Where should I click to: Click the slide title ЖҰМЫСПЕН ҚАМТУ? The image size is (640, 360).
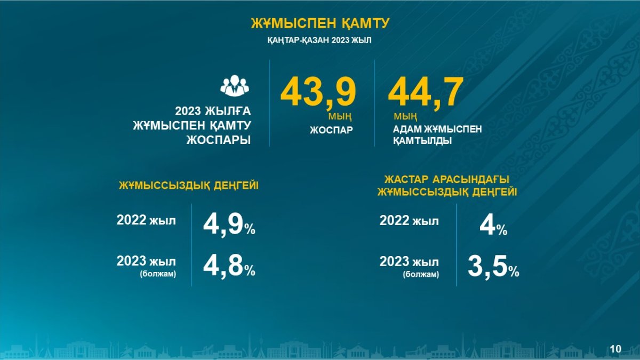pyautogui.click(x=320, y=23)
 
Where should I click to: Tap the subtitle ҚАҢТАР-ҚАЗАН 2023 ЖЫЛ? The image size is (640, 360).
pyautogui.click(x=319, y=41)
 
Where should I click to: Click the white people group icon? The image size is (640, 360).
pyautogui.click(x=235, y=85)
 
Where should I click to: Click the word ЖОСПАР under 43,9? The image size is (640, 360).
pyautogui.click(x=331, y=130)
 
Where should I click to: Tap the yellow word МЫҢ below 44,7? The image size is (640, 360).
pyautogui.click(x=405, y=117)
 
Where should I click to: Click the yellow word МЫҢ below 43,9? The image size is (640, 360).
pyautogui.click(x=340, y=117)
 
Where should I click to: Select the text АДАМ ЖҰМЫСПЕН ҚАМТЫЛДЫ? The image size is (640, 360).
pyautogui.click(x=437, y=135)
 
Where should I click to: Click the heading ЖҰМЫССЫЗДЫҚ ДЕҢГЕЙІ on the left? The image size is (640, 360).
pyautogui.click(x=189, y=186)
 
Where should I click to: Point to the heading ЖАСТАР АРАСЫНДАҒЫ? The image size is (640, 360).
pyautogui.click(x=447, y=179)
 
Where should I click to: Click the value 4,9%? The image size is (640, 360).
pyautogui.click(x=229, y=226)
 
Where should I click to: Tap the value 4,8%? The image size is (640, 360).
pyautogui.click(x=229, y=266)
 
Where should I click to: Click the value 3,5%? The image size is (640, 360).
pyautogui.click(x=493, y=267)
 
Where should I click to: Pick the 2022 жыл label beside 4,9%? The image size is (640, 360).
pyautogui.click(x=146, y=220)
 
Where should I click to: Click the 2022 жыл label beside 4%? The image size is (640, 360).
pyautogui.click(x=409, y=221)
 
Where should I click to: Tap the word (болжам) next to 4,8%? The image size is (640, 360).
pyautogui.click(x=158, y=274)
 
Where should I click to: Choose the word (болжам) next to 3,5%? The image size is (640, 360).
pyautogui.click(x=421, y=274)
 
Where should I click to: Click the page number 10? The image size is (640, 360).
pyautogui.click(x=615, y=349)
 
